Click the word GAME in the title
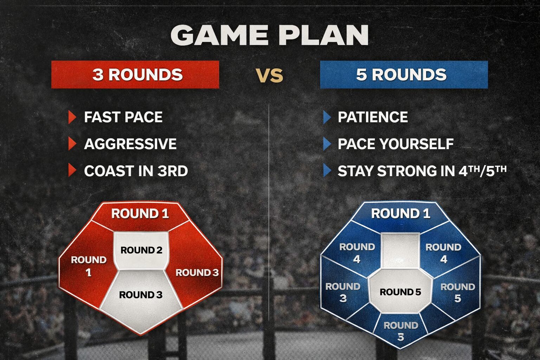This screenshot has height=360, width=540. tap(219, 35)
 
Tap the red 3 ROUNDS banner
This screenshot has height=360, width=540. tap(135, 75)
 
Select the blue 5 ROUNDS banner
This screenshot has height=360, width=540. tap(404, 75)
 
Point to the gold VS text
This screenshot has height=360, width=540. tap(270, 76)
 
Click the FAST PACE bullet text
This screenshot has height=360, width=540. tap(123, 117)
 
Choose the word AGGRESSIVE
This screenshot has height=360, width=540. tap(130, 144)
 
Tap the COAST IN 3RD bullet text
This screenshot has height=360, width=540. tap(136, 171)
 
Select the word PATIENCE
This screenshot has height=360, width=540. tap(373, 117)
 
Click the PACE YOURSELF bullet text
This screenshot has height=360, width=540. tap(396, 144)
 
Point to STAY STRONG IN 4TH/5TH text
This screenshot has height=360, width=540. tap(422, 171)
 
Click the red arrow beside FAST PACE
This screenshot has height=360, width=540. tap(72, 117)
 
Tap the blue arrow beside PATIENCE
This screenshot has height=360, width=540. tap(327, 117)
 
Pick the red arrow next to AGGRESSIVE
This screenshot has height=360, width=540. tap(72, 144)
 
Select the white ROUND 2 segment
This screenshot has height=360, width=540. tap(141, 251)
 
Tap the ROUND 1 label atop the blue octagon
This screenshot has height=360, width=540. tap(400, 214)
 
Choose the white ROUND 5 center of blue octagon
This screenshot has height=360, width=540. tap(400, 292)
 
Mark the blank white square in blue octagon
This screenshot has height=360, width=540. tap(400, 251)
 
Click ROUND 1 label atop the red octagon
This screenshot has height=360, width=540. tap(140, 214)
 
